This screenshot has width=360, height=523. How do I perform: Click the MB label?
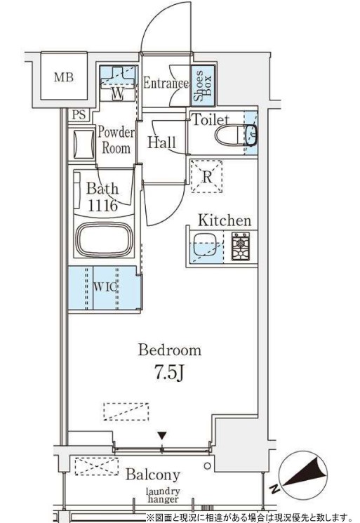(x=64, y=77)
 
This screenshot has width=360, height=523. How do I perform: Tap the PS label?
(x=79, y=114)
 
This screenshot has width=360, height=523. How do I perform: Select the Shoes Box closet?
(x=203, y=85)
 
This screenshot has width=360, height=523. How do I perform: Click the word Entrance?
(x=166, y=83)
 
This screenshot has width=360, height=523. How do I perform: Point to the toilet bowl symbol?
(x=235, y=135)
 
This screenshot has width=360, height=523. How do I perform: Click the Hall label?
(x=161, y=143)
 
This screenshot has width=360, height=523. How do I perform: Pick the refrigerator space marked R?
(x=206, y=176)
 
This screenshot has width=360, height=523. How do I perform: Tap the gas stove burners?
(x=240, y=246)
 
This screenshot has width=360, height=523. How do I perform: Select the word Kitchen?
(x=225, y=220)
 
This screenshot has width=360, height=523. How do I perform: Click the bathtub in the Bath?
(x=104, y=239)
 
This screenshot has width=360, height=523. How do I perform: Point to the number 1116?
(x=102, y=206)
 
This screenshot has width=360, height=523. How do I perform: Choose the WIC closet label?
(x=105, y=286)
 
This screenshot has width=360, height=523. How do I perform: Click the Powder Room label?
(x=116, y=140)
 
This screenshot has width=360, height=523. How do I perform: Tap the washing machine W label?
(x=117, y=94)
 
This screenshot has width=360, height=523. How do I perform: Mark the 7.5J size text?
(x=169, y=373)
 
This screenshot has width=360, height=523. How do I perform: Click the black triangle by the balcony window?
(x=162, y=435)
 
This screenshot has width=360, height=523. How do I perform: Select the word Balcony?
(x=153, y=475)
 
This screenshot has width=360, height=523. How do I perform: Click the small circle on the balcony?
(x=207, y=465)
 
